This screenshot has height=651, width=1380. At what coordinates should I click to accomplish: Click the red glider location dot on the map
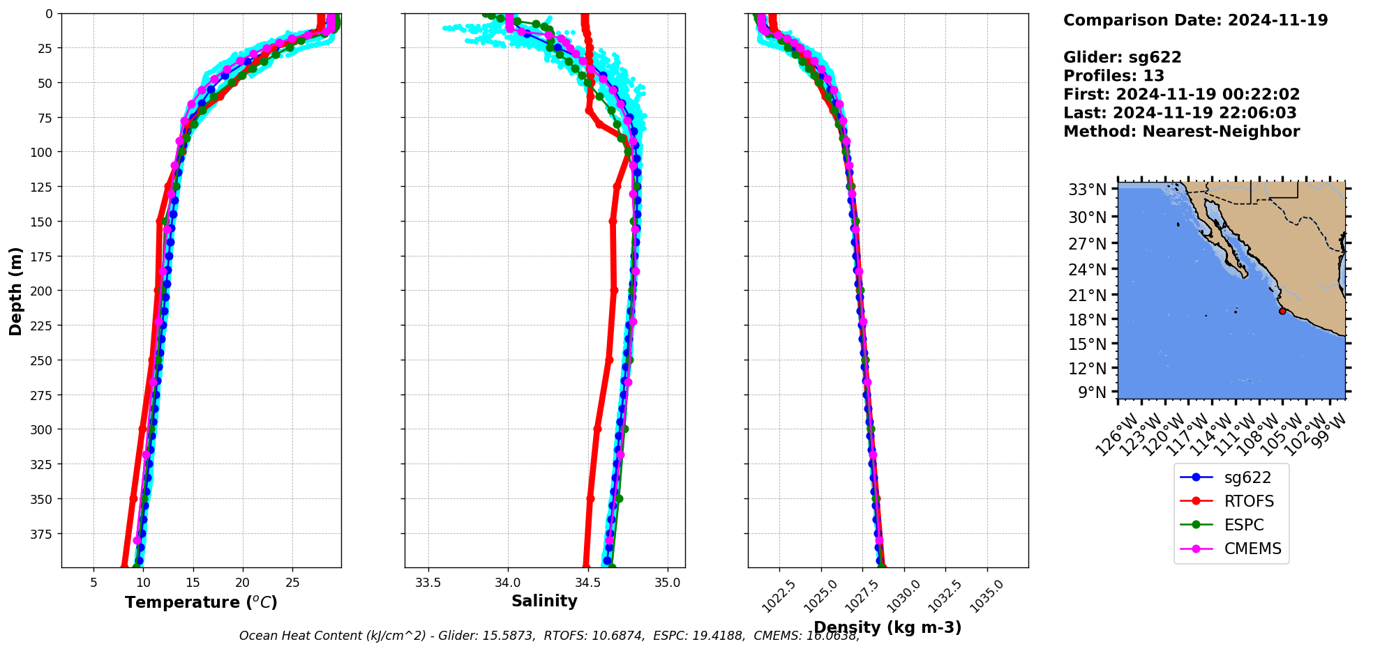tap(1282, 311)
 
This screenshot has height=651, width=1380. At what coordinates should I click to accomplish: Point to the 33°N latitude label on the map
tap(1087, 190)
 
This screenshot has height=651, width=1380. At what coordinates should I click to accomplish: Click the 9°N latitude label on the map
tap(1092, 392)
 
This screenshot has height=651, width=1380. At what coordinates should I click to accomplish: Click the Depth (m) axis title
tap(15, 291)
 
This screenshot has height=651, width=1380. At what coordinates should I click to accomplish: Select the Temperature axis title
tap(201, 602)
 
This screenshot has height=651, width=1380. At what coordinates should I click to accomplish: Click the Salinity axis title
tap(544, 601)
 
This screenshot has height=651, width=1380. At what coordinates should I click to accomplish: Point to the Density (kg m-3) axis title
tap(887, 627)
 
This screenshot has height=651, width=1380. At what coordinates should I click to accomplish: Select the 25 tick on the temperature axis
tap(292, 583)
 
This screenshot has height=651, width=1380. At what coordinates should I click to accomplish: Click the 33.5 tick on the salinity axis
tap(428, 583)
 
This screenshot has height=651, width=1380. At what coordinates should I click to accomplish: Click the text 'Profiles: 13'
tap(1113, 76)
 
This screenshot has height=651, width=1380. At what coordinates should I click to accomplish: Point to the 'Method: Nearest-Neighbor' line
tap(1181, 132)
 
